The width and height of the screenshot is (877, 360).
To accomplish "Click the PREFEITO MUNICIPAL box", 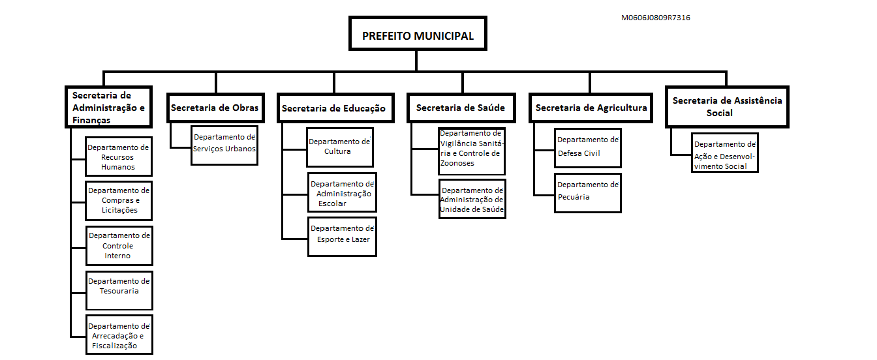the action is (x=418, y=33).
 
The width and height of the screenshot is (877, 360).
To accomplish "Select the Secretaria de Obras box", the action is (x=216, y=108).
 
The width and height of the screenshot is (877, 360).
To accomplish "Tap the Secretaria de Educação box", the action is (x=335, y=108).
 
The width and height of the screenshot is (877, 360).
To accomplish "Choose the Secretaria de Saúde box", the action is (x=461, y=108).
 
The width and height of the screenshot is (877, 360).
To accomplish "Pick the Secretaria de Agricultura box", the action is (x=591, y=108).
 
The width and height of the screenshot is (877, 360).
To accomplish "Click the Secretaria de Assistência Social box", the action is (x=727, y=107).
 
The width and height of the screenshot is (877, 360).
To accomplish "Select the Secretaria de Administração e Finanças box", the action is (x=108, y=107).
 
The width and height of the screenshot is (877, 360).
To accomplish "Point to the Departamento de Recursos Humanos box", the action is (x=119, y=157).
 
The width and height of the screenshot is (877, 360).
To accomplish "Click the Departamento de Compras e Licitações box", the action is (x=119, y=201).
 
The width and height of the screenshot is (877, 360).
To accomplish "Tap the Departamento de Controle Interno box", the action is (x=119, y=246).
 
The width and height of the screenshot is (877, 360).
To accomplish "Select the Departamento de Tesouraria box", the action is (x=119, y=291).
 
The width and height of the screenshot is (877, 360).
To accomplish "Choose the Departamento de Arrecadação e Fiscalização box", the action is (x=119, y=335).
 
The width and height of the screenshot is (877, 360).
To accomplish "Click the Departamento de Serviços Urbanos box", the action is (x=224, y=145).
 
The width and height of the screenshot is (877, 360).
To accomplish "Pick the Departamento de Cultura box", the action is (x=340, y=147).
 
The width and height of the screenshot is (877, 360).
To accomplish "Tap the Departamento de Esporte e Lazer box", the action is (x=342, y=237).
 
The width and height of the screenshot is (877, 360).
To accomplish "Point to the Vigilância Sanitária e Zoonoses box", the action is (x=472, y=151).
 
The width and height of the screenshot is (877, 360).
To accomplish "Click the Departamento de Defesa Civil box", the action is (x=588, y=148).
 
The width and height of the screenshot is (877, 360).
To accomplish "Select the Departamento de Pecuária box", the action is (x=588, y=193).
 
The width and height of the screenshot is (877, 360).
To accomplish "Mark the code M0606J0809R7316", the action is (x=655, y=18).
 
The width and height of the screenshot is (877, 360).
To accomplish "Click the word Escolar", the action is (x=332, y=203).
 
